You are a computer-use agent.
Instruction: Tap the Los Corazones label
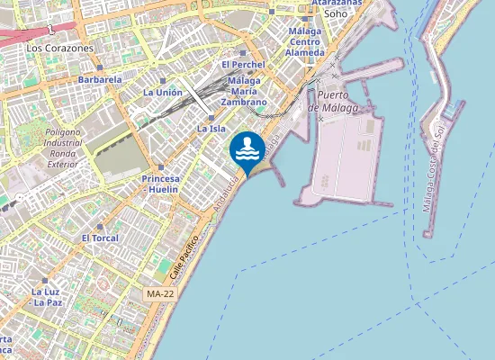(x=60, y=47)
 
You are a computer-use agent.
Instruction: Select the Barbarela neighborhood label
(x=99, y=79)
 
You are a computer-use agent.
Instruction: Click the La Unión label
(x=163, y=92)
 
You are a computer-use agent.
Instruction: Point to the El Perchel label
(x=243, y=65)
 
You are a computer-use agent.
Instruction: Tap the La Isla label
(x=211, y=129)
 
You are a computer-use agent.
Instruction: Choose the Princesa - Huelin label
(x=161, y=184)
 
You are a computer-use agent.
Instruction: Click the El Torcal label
(x=99, y=238)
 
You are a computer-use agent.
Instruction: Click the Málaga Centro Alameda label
(x=305, y=41)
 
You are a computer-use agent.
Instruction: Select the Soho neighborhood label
(x=336, y=13)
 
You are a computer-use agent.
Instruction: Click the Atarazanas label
(x=337, y=3)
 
